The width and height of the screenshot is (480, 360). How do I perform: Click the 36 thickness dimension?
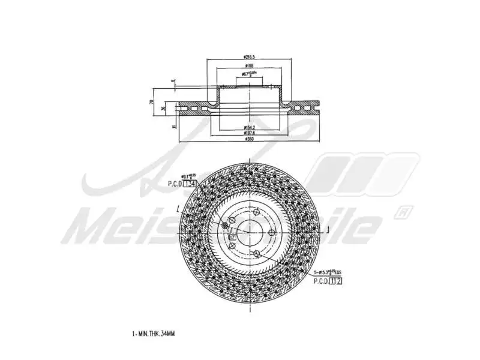pos(164,108)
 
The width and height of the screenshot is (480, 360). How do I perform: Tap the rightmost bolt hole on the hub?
pos(271,233)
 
